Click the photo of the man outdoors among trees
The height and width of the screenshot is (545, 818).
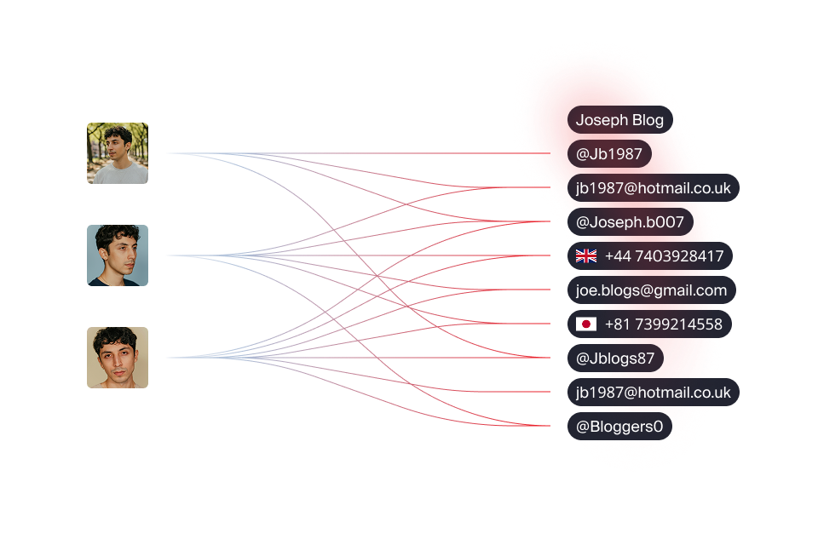(118, 153)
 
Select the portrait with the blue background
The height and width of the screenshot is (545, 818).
(118, 255)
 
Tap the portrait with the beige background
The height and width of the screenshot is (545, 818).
(118, 358)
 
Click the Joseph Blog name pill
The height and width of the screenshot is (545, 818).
(619, 120)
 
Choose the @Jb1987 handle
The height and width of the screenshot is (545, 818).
(609, 154)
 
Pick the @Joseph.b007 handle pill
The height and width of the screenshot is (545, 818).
(631, 222)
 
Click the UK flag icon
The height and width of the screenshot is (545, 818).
(586, 256)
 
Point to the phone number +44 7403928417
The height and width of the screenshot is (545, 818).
(664, 256)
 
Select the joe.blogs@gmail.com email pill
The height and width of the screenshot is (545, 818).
(652, 290)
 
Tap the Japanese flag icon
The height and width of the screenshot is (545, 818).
(586, 324)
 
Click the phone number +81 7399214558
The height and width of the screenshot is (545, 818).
(664, 324)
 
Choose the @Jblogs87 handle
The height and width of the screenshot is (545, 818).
(615, 359)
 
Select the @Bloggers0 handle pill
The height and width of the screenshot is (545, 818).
(619, 427)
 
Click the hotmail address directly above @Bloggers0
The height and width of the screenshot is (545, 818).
(654, 393)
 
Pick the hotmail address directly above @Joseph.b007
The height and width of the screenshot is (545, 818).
(654, 187)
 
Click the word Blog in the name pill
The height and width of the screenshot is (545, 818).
(648, 120)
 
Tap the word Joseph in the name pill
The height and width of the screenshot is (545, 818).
(602, 120)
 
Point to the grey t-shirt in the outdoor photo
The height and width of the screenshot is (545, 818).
(118, 173)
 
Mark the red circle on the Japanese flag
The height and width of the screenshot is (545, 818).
(586, 324)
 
